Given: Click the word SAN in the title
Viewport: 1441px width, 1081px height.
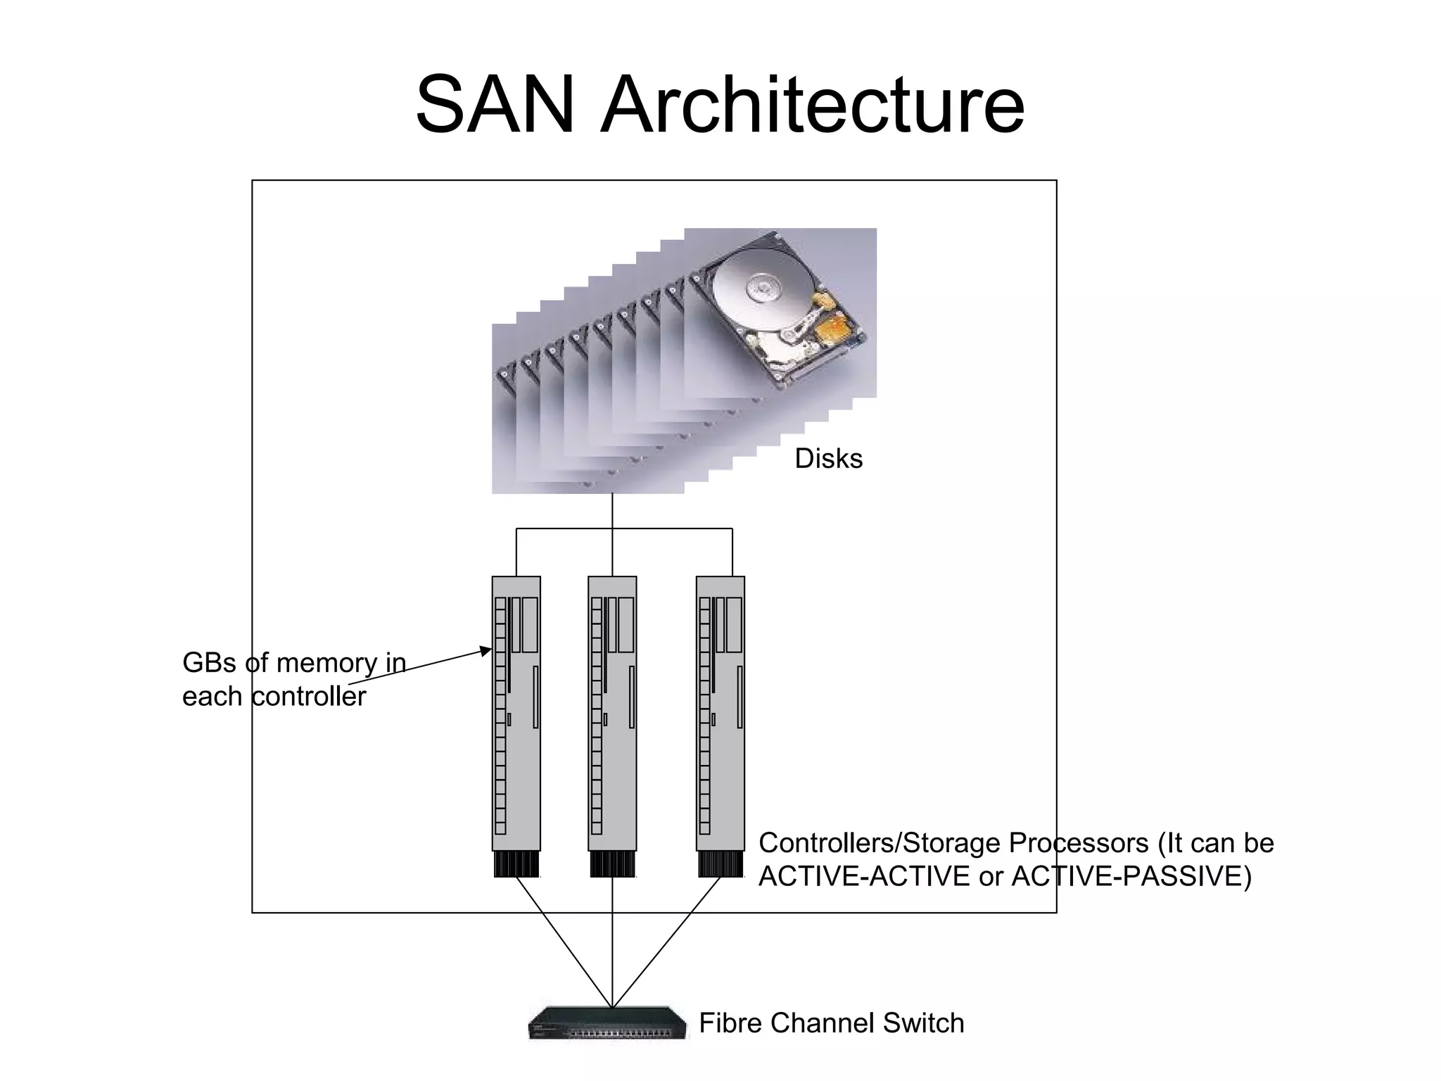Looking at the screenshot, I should pos(495,106).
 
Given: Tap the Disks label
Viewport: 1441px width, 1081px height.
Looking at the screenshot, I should pos(828,459).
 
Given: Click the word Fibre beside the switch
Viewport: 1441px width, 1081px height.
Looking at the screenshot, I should pos(730,1023).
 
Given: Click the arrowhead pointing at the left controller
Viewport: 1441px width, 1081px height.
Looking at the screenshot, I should pos(486,650).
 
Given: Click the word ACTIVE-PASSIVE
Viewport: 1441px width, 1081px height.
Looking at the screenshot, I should pos(1131,877).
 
